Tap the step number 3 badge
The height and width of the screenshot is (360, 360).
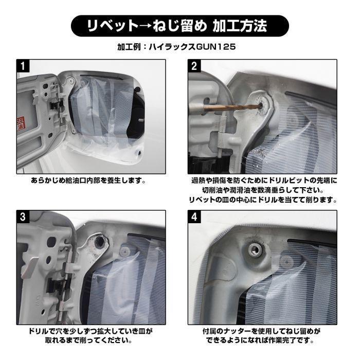coord(23,217)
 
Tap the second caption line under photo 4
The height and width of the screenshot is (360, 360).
coord(263,340)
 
